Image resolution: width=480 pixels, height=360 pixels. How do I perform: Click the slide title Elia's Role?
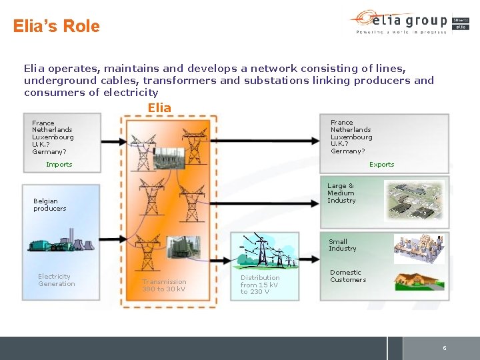(x=57, y=27)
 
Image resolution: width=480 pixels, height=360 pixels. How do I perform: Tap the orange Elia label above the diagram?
(x=159, y=107)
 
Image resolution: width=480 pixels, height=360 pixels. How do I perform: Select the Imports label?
(x=59, y=164)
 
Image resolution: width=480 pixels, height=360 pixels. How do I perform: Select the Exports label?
(x=381, y=164)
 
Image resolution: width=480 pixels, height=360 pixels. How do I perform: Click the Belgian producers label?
(x=50, y=205)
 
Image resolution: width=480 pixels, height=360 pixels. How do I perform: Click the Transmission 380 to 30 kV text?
(x=164, y=285)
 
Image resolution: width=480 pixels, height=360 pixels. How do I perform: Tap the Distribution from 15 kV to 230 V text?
(x=260, y=285)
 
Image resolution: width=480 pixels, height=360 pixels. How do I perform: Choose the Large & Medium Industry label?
(x=341, y=193)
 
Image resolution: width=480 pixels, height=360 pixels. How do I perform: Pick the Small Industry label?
(x=342, y=245)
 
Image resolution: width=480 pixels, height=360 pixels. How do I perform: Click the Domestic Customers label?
(x=347, y=276)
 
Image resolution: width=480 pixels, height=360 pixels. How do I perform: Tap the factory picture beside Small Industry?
(x=419, y=248)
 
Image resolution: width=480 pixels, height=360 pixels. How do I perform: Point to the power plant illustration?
(x=59, y=240)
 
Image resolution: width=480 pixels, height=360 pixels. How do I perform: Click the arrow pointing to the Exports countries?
(x=273, y=140)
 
